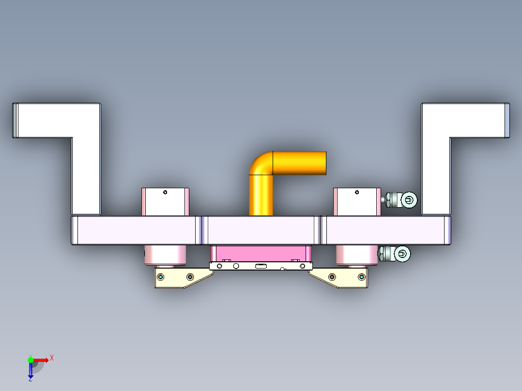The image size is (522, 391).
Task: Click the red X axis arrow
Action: (x=41, y=360)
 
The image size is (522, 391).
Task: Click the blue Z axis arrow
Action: (x=31, y=371)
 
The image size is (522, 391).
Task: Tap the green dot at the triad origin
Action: (x=31, y=360)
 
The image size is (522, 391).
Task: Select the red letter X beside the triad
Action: (x=51, y=358)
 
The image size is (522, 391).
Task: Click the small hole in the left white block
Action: (x=165, y=192)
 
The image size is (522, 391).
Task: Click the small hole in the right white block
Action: (x=357, y=192)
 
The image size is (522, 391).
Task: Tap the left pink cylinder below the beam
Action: (x=165, y=255)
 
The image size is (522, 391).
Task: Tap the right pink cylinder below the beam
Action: (x=357, y=255)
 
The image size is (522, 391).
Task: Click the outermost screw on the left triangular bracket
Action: (x=161, y=277)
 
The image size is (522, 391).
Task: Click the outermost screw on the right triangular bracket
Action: (x=361, y=277)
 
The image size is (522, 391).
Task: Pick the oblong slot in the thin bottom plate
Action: (x=261, y=266)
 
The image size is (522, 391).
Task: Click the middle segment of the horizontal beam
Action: (x=261, y=230)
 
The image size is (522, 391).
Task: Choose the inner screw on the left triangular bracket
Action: (x=190, y=277)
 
